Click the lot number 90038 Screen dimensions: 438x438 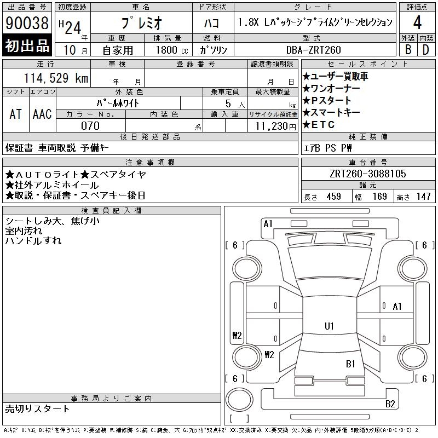[x=27, y=24]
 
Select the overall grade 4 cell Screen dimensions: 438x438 [x=417, y=23]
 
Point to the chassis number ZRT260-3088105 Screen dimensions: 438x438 [x=368, y=174]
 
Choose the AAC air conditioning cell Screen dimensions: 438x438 [x=42, y=114]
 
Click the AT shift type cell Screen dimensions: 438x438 [x=16, y=114]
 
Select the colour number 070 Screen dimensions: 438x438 [x=90, y=126]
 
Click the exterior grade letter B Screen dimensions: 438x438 [x=408, y=50]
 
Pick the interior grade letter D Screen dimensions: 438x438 [x=425, y=50]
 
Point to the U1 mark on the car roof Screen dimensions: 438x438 [x=329, y=326]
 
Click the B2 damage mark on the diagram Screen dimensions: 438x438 [x=390, y=404]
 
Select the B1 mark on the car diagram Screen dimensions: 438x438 [x=350, y=364]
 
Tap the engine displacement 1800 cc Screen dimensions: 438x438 [x=168, y=50]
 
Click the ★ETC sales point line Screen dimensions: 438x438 [x=320, y=125]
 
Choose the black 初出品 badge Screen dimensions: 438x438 [x=27, y=46]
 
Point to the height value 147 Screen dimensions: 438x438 [x=423, y=197]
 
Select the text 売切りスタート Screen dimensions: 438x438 [x=38, y=408]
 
